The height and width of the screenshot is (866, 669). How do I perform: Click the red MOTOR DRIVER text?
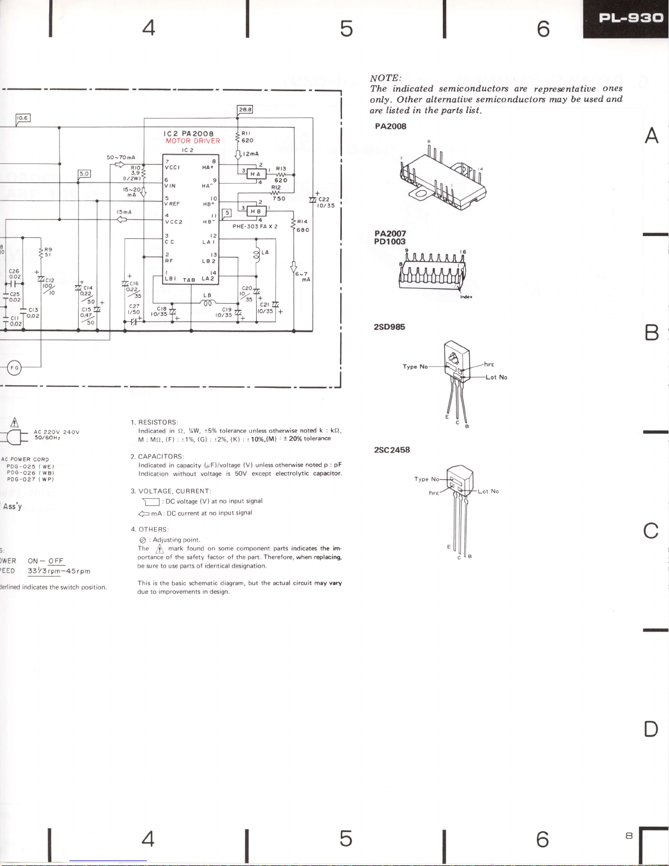tap(193, 141)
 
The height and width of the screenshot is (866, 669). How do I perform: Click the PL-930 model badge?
tap(631, 18)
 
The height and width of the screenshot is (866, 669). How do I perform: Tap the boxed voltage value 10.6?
tap(22, 118)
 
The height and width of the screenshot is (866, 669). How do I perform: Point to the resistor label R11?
tap(246, 133)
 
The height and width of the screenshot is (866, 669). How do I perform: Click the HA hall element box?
tap(256, 174)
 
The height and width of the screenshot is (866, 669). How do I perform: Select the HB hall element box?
tap(256, 211)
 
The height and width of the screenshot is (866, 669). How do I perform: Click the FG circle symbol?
tap(15, 368)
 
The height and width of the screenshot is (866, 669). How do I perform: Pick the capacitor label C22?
tap(324, 199)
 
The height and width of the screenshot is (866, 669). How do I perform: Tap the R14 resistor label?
tap(303, 222)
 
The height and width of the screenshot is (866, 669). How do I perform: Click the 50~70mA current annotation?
tap(121, 157)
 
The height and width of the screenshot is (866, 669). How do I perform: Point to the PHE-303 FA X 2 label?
tap(255, 226)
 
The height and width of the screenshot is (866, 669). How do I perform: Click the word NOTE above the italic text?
tap(386, 78)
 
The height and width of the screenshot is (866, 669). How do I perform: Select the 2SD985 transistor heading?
tap(389, 327)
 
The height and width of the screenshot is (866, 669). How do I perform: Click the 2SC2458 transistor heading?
tap(392, 450)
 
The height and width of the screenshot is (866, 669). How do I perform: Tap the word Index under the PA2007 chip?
tap(465, 297)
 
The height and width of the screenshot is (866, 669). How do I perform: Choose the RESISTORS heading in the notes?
tap(158, 422)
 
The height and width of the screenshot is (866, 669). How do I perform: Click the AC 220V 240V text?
tap(57, 432)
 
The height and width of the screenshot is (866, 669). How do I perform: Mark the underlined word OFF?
tap(56, 561)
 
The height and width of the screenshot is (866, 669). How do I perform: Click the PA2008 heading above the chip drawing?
tap(390, 126)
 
